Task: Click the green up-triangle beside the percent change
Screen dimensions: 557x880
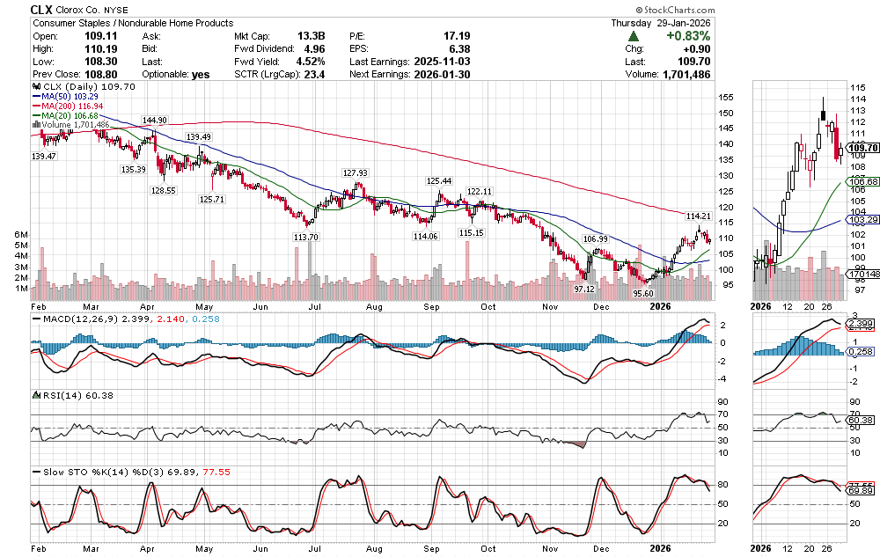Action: (634, 36)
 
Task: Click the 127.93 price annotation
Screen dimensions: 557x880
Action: (355, 172)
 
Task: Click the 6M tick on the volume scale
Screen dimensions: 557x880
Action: (20, 233)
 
